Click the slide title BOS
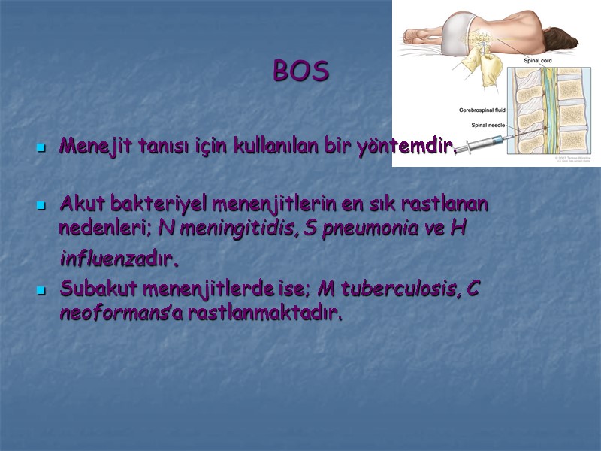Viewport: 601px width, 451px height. coord(300,71)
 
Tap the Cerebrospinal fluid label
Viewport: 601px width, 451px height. coord(482,110)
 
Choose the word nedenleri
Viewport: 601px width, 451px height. coord(105,229)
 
